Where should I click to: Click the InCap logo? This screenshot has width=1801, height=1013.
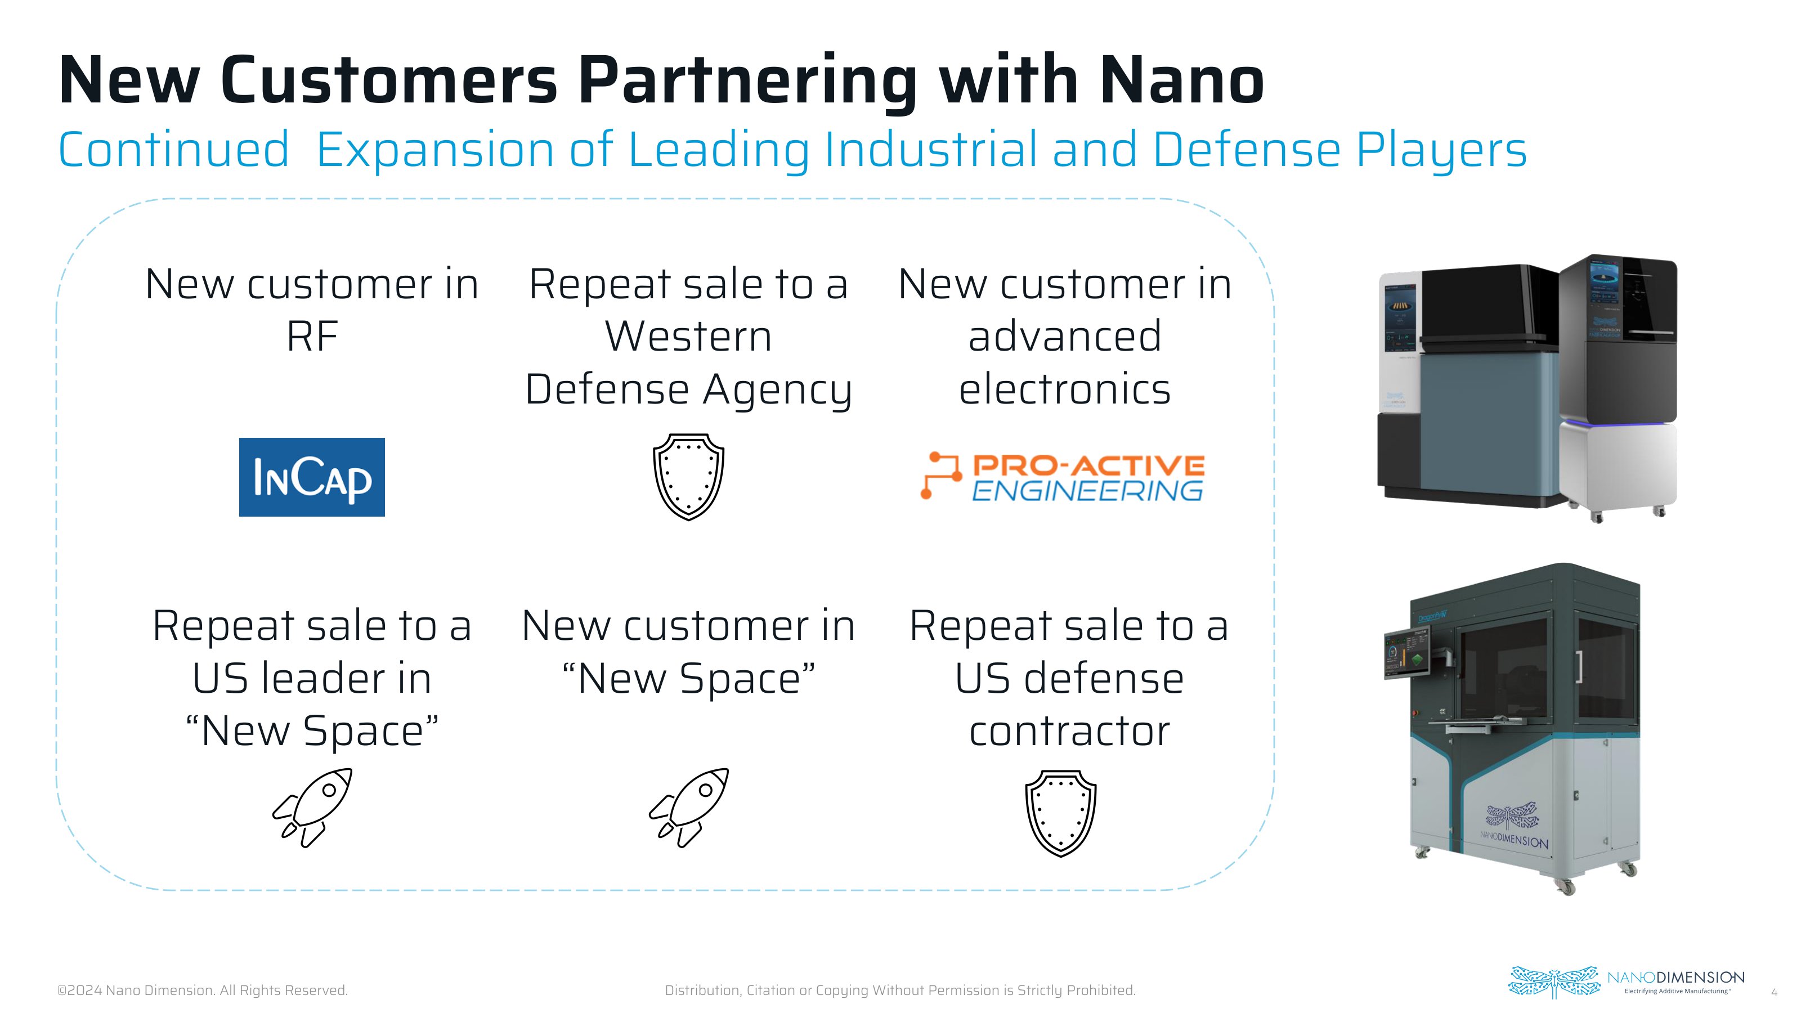(312, 477)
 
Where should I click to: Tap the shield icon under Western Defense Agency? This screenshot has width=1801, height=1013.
(689, 477)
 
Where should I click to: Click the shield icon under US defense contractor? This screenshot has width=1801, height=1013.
(1060, 813)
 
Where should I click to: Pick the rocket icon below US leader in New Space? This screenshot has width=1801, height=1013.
(312, 808)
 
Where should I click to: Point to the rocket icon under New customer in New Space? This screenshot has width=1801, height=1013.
(689, 808)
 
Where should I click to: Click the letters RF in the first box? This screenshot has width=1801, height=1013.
(312, 337)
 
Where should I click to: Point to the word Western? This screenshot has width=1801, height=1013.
(689, 337)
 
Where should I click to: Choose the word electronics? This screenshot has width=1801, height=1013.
(1064, 389)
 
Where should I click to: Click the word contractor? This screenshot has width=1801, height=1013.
(1069, 731)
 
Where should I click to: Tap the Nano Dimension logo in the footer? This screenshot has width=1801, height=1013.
(1626, 982)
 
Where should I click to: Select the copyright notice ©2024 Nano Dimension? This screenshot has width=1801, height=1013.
(202, 990)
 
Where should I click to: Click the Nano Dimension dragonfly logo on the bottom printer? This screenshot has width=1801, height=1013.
(1512, 818)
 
